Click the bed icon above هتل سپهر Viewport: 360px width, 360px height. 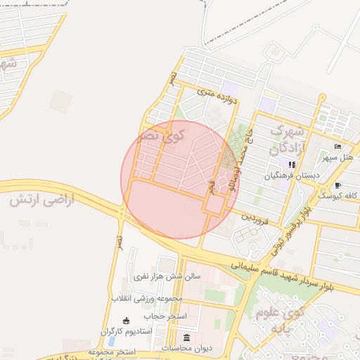[338, 146]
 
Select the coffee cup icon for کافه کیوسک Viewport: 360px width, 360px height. [337, 186]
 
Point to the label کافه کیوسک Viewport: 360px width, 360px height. [339, 195]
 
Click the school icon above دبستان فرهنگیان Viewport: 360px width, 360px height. [292, 165]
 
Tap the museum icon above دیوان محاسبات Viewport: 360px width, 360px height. [186, 337]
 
